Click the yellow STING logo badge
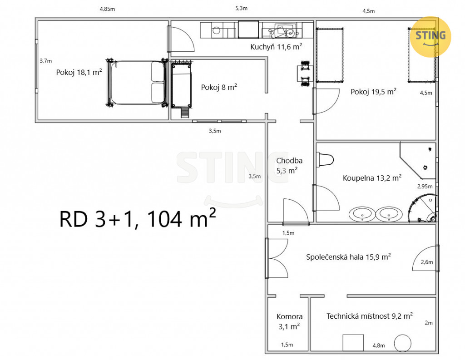pyautogui.click(x=430, y=37)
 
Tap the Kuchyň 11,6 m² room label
pyautogui.click(x=276, y=47)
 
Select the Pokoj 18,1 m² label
pyautogui.click(x=79, y=72)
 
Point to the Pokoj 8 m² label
pyautogui.click(x=219, y=87)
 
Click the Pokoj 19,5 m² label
pyautogui.click(x=373, y=92)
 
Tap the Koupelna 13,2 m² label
pyautogui.click(x=372, y=178)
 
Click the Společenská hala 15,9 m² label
pyautogui.click(x=348, y=257)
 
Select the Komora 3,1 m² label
pyautogui.click(x=289, y=321)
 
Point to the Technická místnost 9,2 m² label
pyautogui.click(x=370, y=316)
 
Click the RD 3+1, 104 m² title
pyautogui.click(x=137, y=218)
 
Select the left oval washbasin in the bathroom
pyautogui.click(x=362, y=214)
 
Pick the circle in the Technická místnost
pyautogui.click(x=403, y=343)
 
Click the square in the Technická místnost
pyautogui.click(x=353, y=343)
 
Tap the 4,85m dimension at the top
pyautogui.click(x=107, y=9)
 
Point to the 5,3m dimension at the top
pyautogui.click(x=242, y=8)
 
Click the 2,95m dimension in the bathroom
pyautogui.click(x=425, y=187)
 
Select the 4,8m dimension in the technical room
pyautogui.click(x=379, y=345)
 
